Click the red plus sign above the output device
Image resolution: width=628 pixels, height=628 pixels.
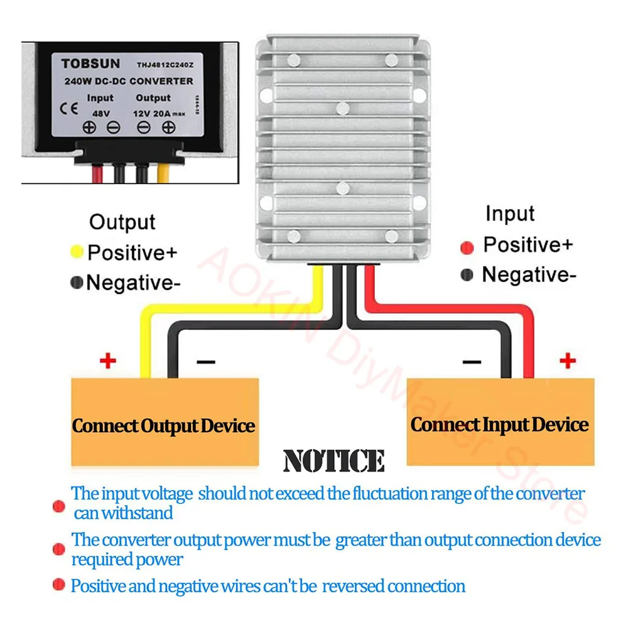point(108,361)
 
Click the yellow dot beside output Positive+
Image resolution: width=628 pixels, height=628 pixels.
point(77,252)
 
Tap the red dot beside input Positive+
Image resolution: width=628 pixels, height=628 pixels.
point(467,247)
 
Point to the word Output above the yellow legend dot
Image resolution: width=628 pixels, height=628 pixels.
point(122,222)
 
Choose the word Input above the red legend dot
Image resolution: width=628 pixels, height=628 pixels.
point(509,214)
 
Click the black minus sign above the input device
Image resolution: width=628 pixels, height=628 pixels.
point(472,362)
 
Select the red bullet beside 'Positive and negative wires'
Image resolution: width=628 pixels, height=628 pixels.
point(59,585)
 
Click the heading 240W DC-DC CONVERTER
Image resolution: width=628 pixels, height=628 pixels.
point(128,81)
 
